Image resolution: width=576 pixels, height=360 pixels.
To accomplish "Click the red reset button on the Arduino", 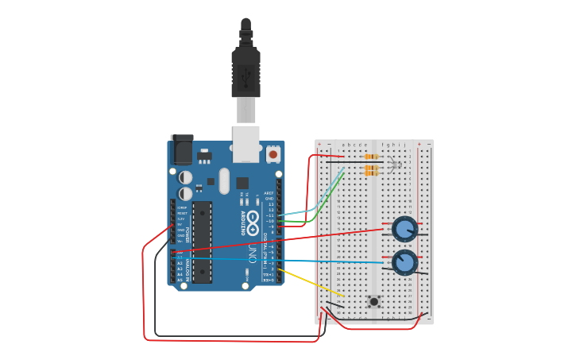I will (x=273, y=154).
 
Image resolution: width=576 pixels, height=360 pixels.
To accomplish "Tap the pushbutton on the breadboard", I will (x=373, y=301).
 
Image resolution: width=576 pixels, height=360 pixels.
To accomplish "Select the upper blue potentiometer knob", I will (x=404, y=230).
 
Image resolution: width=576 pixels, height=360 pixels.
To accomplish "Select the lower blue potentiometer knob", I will (x=404, y=261).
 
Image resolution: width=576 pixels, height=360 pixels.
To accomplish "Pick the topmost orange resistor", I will (x=370, y=157).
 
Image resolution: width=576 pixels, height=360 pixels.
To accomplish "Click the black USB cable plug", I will (x=245, y=75).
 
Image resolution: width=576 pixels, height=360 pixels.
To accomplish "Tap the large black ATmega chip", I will (x=202, y=242).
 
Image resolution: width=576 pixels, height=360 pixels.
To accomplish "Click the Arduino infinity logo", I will (x=253, y=223).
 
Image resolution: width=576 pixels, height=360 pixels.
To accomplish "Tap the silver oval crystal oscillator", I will (x=224, y=180).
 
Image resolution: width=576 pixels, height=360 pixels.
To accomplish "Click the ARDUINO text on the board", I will (x=242, y=223).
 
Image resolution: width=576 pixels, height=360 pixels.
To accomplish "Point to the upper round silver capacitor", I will (x=185, y=177).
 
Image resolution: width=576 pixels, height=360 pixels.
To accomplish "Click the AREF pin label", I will (x=269, y=193).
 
